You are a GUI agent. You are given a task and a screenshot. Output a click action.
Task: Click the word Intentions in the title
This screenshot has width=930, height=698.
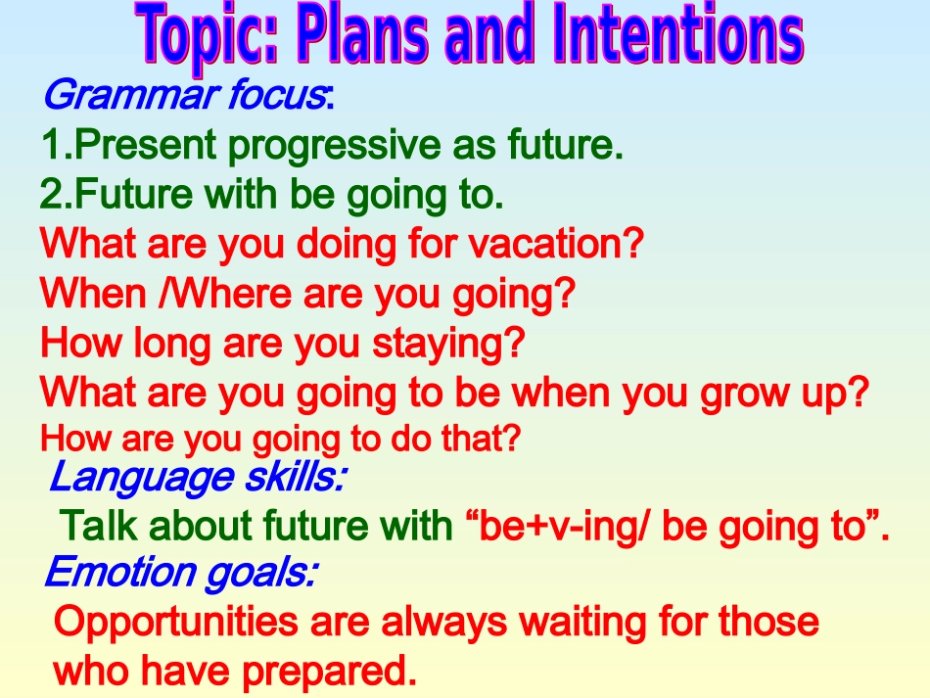point(678,33)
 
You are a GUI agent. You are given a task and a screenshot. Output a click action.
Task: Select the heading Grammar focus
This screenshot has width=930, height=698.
point(184,95)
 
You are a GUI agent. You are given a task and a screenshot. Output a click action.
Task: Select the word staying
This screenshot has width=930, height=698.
point(448,344)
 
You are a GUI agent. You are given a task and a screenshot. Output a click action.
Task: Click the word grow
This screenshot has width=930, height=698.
point(745,394)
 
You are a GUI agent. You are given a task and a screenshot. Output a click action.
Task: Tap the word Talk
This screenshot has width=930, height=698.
point(98,525)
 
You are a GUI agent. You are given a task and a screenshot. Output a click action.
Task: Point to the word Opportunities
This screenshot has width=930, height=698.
point(176,623)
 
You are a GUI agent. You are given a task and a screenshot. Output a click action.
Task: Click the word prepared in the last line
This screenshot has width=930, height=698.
point(324,672)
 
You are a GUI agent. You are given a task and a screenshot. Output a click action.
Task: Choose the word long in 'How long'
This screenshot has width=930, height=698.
point(171,344)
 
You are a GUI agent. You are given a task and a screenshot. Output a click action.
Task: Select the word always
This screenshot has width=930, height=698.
point(444,623)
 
